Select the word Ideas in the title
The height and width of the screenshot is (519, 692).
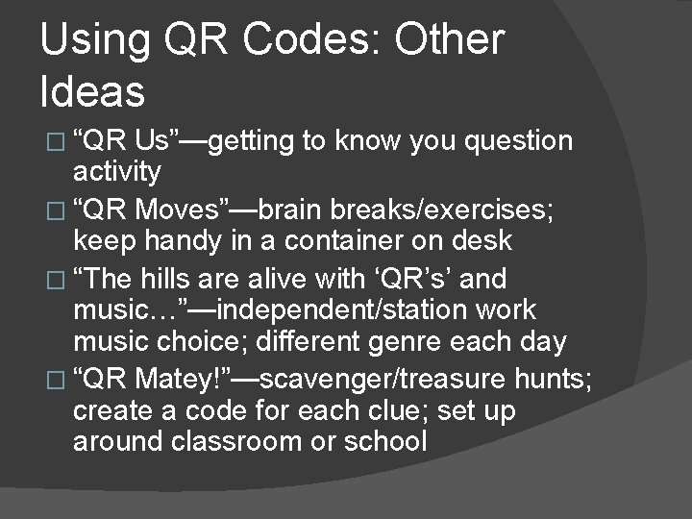coord(93,92)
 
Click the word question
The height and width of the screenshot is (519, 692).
coord(519,142)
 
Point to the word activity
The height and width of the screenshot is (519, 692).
coord(117,173)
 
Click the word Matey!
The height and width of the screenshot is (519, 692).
coord(182,381)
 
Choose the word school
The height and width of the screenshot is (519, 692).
coord(390,442)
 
